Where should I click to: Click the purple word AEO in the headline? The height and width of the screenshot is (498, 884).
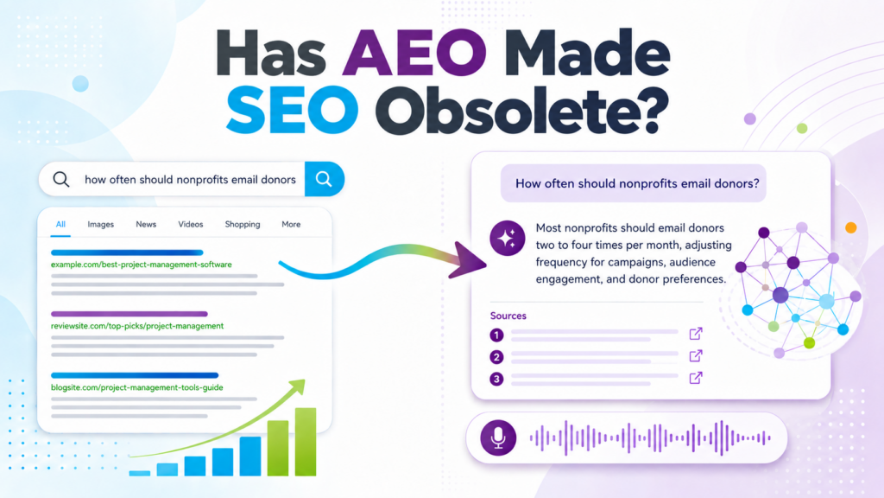tap(414, 52)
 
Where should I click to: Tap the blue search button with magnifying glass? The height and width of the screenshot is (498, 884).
tap(325, 179)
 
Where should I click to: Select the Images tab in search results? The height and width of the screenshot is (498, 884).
tap(100, 224)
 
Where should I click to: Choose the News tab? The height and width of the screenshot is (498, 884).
tap(146, 224)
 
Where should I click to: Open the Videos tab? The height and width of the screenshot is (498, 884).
tap(191, 224)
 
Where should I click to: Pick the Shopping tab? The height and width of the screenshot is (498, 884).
tap(243, 224)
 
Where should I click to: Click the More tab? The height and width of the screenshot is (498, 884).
tap(291, 224)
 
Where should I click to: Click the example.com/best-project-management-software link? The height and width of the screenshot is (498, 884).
tap(142, 265)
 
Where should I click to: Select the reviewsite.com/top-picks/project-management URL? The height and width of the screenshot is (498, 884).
tap(137, 326)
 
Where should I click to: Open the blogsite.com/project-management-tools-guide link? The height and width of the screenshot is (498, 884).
tap(137, 387)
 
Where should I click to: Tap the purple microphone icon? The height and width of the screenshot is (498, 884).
tap(498, 437)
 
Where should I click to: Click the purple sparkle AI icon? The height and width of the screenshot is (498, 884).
tap(508, 239)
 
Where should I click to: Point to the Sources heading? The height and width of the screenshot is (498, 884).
tap(508, 316)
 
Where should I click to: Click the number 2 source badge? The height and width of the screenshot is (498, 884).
tap(496, 357)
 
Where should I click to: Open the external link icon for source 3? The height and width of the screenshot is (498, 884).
tap(696, 377)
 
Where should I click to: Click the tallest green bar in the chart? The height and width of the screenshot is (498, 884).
tap(306, 442)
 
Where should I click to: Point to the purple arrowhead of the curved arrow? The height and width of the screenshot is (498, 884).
tap(469, 260)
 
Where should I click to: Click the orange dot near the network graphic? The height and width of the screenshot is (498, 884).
tap(850, 227)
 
